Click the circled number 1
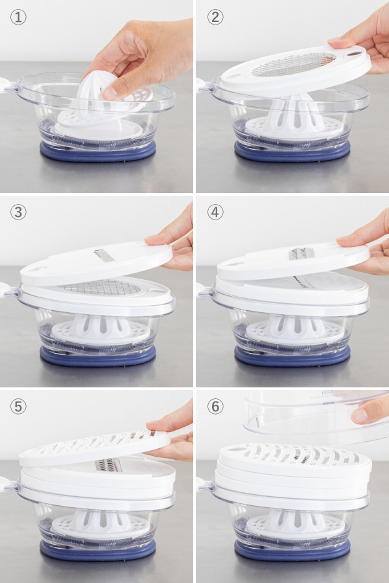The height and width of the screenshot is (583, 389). pos(18,17)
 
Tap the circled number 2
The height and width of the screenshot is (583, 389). pos(215,17)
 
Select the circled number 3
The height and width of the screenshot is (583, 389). pos(18,212)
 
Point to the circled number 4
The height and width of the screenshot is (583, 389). pos(215,212)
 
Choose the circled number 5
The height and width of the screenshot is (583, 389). pos(18,406)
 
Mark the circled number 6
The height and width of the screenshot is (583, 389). pos(215,406)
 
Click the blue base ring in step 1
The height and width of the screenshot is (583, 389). pos(97,152)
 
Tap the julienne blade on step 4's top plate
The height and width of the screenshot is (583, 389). pos(301,253)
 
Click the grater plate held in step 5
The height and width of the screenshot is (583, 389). pos(95,447)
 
